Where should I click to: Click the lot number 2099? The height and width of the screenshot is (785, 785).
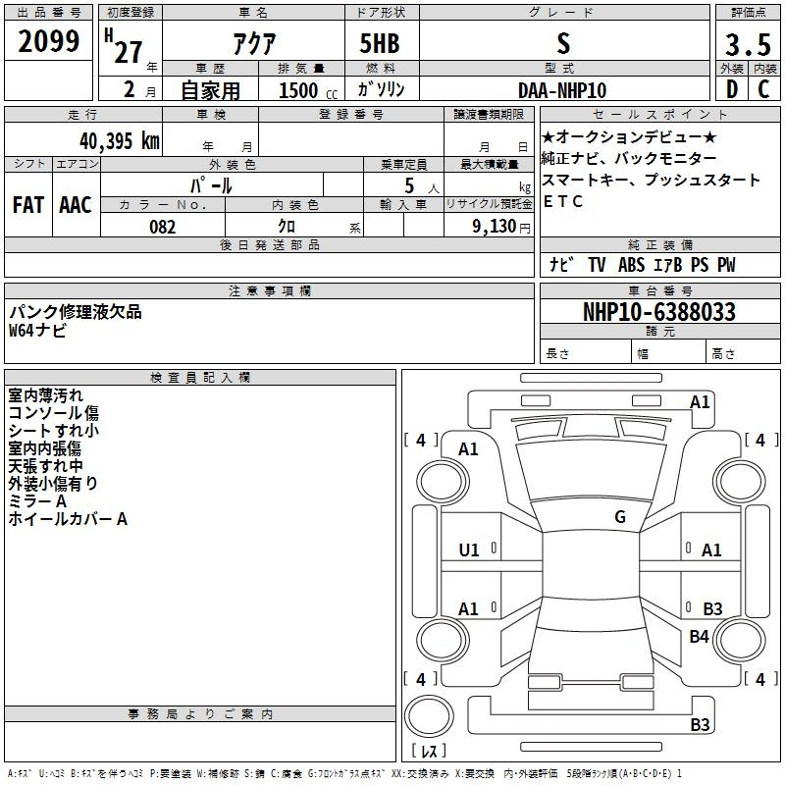[x=49, y=41]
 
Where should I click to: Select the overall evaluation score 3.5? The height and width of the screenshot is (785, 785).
[x=748, y=46]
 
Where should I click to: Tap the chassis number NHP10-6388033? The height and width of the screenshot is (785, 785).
[x=658, y=312]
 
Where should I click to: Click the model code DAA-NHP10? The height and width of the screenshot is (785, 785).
[x=562, y=89]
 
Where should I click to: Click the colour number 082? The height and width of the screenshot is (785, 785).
[x=163, y=227]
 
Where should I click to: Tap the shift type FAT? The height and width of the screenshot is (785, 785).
[x=27, y=204]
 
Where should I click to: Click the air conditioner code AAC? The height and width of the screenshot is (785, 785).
[x=76, y=204]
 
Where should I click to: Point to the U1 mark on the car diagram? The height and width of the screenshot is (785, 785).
[x=469, y=550]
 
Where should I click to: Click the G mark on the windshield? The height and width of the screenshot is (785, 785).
[x=620, y=517]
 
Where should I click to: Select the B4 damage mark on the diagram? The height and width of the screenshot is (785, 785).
[x=699, y=637]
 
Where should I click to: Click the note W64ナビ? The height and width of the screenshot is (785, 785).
[x=38, y=331]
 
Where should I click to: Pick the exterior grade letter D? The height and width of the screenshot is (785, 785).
[x=731, y=89]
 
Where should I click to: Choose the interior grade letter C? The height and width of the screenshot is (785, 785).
[x=763, y=89]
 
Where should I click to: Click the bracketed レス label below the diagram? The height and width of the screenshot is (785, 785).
[x=429, y=752]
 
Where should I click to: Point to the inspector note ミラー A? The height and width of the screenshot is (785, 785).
[x=37, y=500]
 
